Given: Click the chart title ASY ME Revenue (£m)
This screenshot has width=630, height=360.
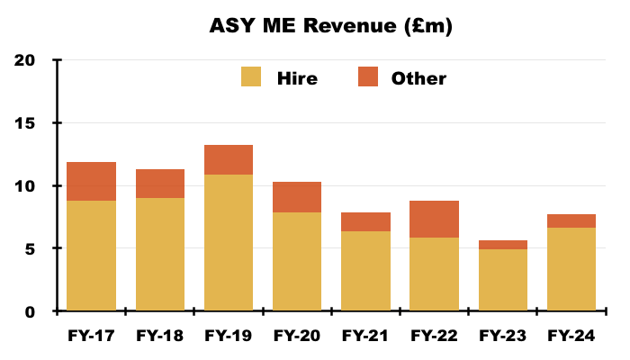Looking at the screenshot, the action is [330, 26].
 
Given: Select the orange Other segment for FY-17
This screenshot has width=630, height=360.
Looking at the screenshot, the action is [91, 181].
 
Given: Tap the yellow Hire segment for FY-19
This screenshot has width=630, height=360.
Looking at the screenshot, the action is [229, 242].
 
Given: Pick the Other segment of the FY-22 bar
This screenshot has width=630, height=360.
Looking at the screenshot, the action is [435, 219].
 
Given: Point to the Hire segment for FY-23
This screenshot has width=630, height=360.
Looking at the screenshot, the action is [503, 280].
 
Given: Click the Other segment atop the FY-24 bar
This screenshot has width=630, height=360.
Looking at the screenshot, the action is [571, 221].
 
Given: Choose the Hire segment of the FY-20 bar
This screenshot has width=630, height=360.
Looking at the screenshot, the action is [297, 261].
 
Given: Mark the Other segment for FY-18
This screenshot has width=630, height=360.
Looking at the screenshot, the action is [160, 184].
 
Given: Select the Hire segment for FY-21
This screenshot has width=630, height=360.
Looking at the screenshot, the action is [365, 271].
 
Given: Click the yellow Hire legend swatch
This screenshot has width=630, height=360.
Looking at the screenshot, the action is [251, 76].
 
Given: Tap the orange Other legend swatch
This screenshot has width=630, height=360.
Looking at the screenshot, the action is [368, 76].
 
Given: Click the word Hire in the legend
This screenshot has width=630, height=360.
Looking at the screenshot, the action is [297, 78].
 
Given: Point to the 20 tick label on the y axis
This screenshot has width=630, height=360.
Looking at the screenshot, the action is [24, 60].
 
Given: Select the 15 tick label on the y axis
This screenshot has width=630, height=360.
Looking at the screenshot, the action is [24, 123].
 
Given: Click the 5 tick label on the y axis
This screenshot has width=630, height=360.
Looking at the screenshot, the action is [30, 249].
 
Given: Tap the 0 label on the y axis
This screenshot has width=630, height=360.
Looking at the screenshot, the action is [30, 311].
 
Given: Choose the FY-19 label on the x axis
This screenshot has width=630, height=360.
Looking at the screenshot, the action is [229, 336].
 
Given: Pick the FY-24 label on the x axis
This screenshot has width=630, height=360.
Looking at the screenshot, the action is [571, 336].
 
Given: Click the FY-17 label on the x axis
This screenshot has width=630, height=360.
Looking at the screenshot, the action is [91, 336].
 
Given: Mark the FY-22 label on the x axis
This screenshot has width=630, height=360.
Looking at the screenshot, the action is [434, 336].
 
